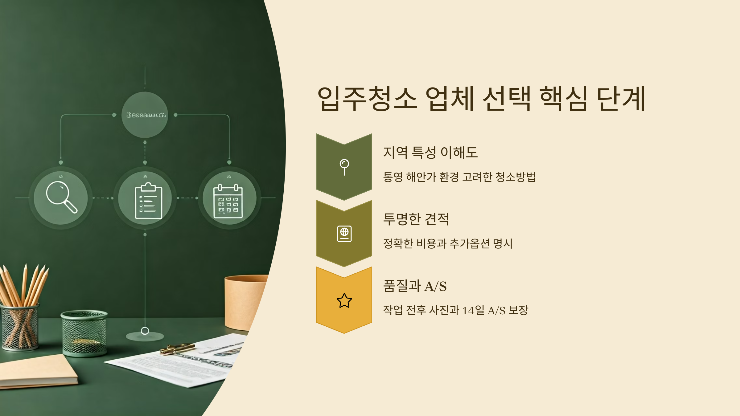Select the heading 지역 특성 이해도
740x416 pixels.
coord(430,153)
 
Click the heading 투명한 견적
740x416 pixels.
coord(416,219)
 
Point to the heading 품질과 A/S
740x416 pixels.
coord(415,286)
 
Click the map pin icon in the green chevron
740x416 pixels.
coord(344,167)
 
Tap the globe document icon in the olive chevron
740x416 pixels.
coord(344,234)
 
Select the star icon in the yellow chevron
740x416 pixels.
coord(344,301)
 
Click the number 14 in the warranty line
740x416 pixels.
coord(468,310)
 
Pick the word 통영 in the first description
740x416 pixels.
coord(393,177)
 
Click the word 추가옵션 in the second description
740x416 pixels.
coord(469,244)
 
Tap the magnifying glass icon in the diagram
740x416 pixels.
coord(61,198)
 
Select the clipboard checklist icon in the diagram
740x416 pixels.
coord(148,201)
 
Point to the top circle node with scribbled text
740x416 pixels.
coord(145,115)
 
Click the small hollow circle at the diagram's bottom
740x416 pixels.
coord(145,331)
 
